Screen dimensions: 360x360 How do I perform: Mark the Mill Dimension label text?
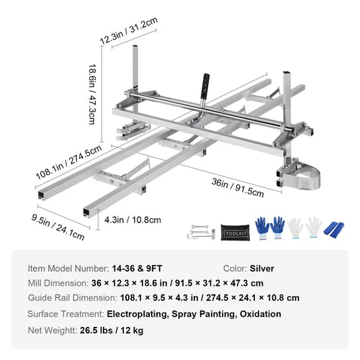pyautogui.click(x=60, y=284)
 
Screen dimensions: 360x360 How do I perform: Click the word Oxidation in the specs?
pyautogui.click(x=256, y=314)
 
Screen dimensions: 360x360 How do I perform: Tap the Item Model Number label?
pyautogui.click(x=68, y=269)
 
